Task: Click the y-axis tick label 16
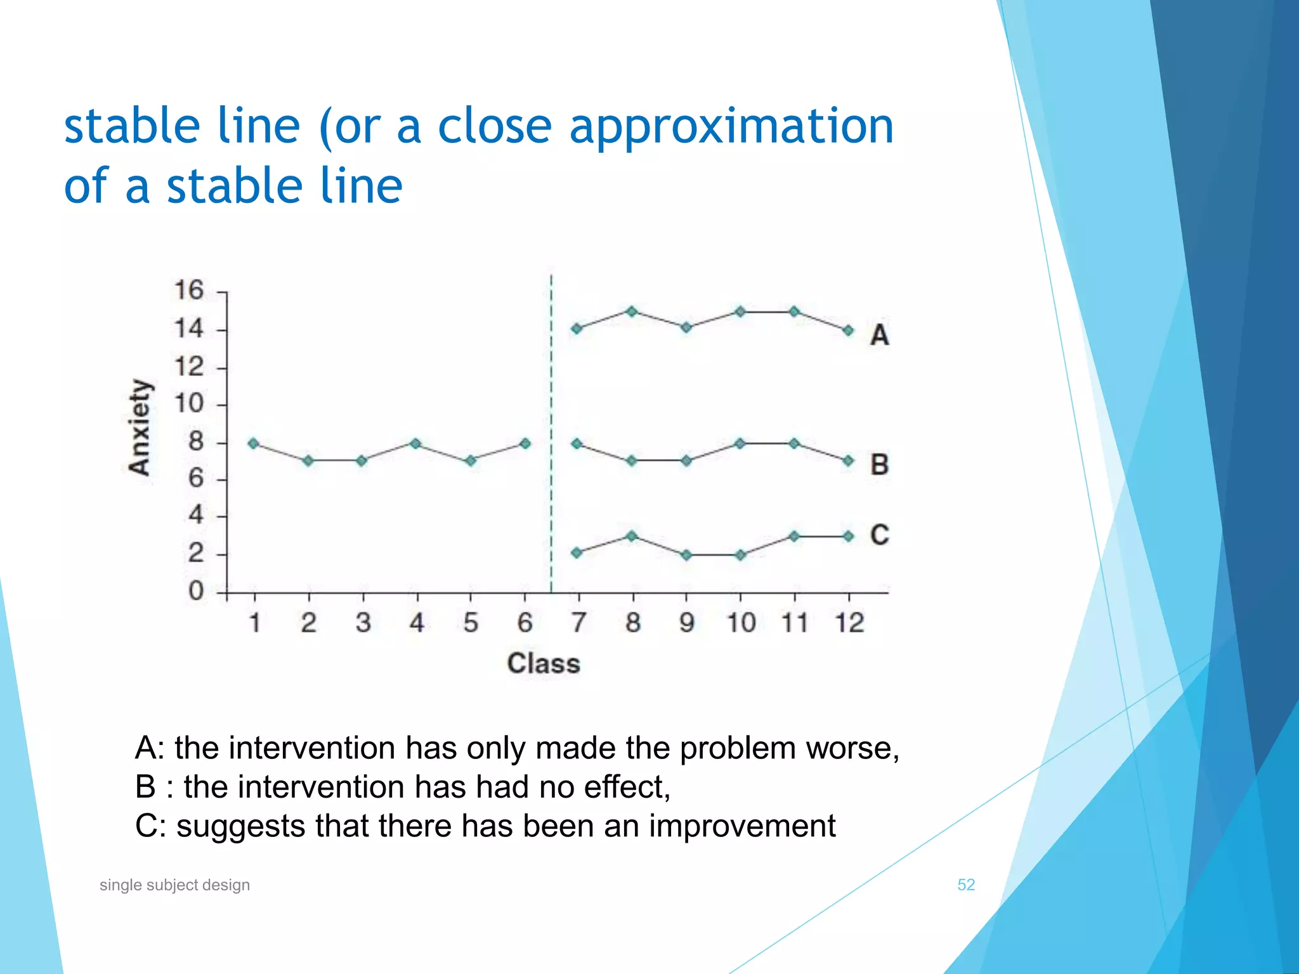tap(188, 290)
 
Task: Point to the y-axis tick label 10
tap(188, 403)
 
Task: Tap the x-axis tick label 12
tap(849, 623)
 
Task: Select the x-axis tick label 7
tap(578, 623)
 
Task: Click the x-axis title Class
tap(544, 664)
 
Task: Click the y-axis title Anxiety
tap(140, 427)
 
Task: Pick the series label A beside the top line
tap(879, 335)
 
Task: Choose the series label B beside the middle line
tap(879, 465)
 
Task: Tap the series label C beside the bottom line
tap(879, 535)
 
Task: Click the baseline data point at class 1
tap(254, 444)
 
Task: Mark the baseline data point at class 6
tap(525, 444)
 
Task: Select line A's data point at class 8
tap(632, 311)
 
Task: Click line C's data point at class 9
tap(686, 555)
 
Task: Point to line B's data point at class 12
tap(849, 461)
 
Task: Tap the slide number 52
tap(965, 885)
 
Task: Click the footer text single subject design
tap(174, 885)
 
